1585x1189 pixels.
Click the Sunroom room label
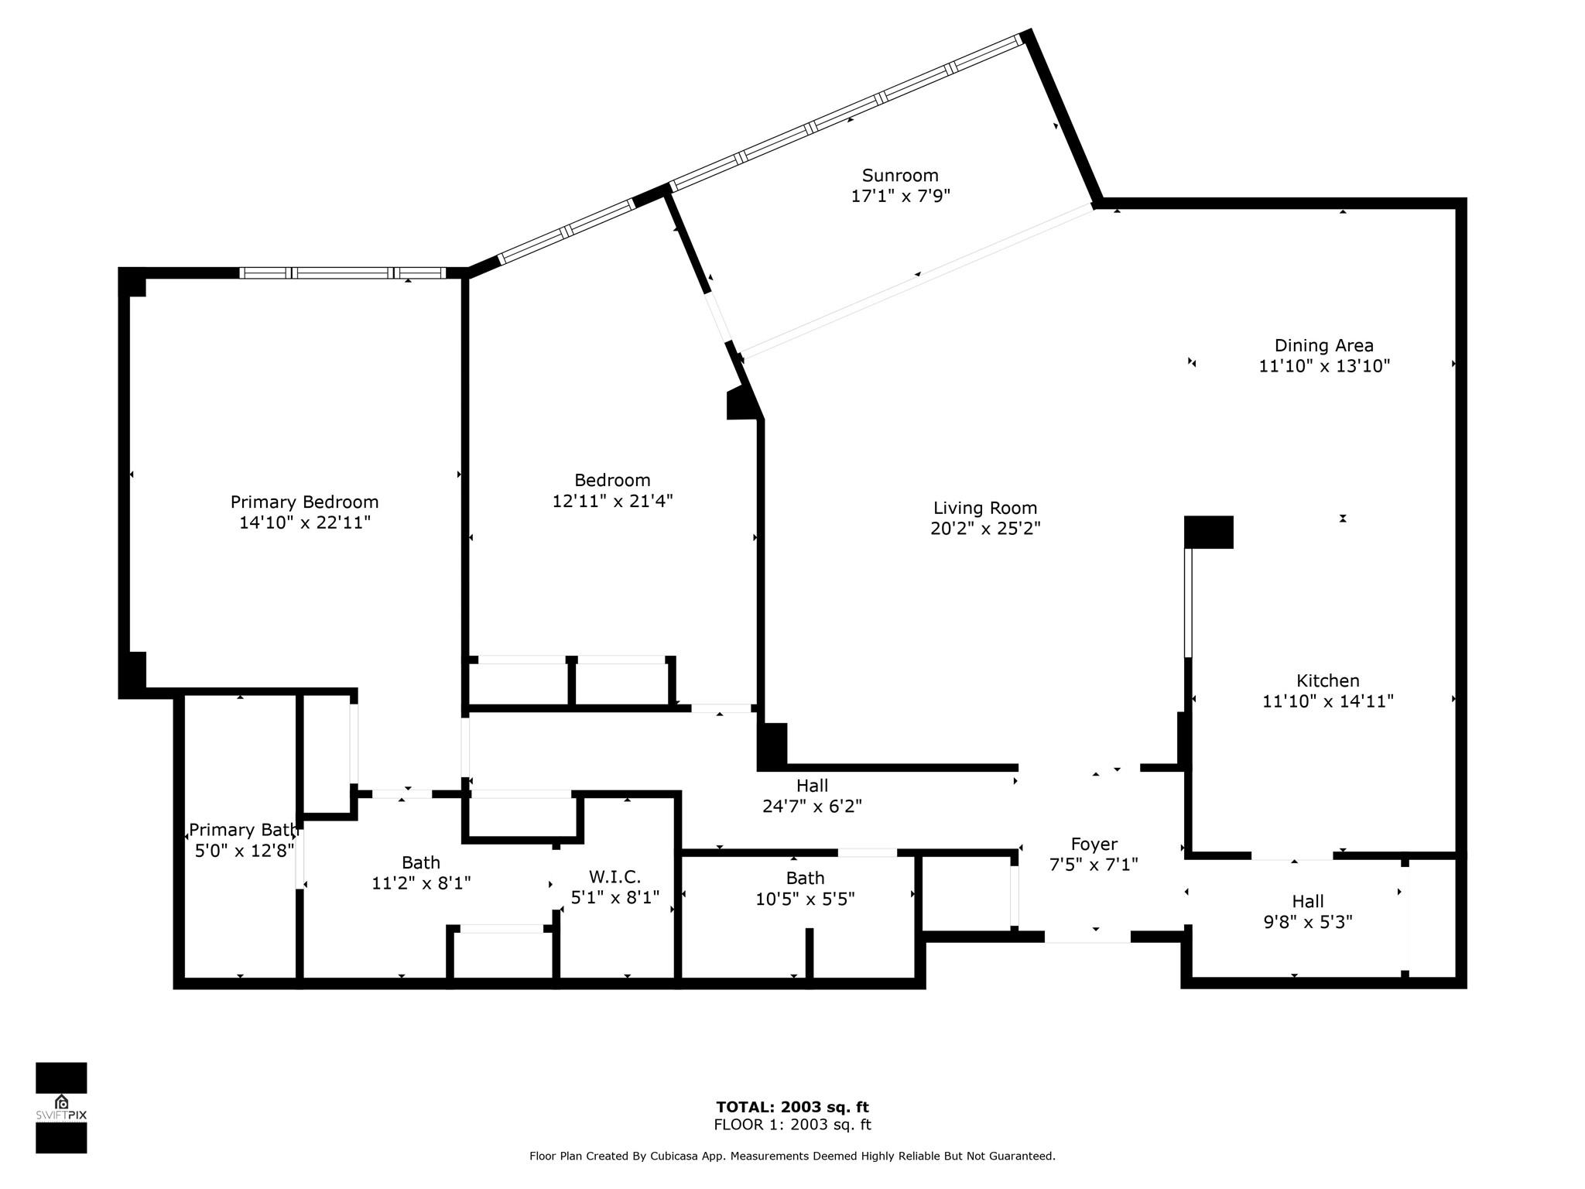tap(900, 176)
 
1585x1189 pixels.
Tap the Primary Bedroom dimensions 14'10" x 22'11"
tap(305, 523)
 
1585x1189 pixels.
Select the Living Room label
tap(985, 508)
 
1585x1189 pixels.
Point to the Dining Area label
tap(1324, 345)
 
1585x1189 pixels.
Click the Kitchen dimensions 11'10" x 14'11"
tap(1328, 701)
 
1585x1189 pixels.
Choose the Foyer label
tap(1094, 844)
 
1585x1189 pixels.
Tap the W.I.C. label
tap(615, 877)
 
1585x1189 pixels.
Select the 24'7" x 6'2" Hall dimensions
tap(812, 806)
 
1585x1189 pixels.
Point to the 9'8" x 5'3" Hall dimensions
tap(1308, 922)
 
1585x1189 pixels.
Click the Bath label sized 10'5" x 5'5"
tap(805, 878)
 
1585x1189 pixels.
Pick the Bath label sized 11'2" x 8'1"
tap(421, 862)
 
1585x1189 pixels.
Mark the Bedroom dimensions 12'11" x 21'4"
tap(612, 501)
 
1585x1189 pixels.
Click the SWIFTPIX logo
tap(61, 1108)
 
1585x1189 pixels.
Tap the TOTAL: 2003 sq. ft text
tap(792, 1107)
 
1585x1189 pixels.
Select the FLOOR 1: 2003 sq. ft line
tap(792, 1125)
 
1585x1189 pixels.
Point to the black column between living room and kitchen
tap(1208, 533)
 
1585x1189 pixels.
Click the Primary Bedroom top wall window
tap(342, 272)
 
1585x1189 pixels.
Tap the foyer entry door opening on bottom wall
tap(1087, 937)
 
